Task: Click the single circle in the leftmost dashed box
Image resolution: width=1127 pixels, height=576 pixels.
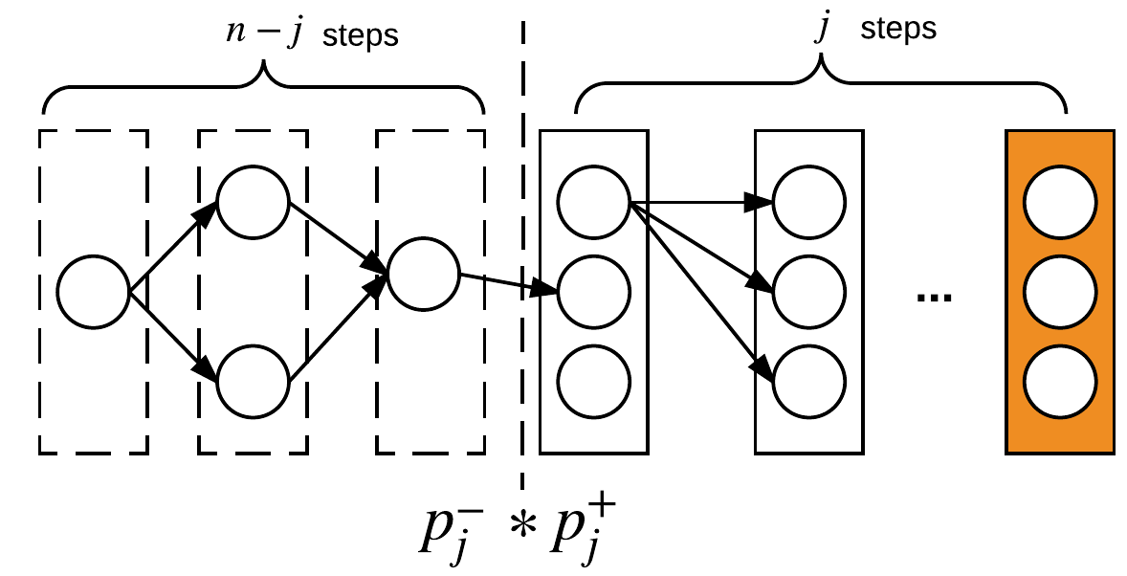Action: click(x=93, y=292)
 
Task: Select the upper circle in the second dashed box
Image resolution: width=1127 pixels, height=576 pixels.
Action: click(x=253, y=202)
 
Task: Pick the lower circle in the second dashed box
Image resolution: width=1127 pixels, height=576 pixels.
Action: click(x=253, y=380)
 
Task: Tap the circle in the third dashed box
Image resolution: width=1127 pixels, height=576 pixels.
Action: click(x=424, y=275)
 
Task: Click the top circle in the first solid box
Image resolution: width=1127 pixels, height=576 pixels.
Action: click(x=593, y=202)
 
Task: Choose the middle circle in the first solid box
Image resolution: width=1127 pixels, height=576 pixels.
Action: click(x=593, y=291)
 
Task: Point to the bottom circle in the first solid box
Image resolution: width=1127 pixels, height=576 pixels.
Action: click(x=593, y=380)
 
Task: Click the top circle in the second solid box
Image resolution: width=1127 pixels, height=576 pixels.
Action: click(x=808, y=202)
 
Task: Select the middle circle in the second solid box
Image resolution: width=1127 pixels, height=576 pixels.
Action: click(x=808, y=291)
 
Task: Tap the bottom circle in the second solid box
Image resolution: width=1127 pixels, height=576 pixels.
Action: click(x=808, y=380)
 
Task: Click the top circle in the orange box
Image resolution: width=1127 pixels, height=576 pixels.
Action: click(x=1059, y=202)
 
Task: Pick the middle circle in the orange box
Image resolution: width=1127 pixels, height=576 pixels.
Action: click(x=1059, y=291)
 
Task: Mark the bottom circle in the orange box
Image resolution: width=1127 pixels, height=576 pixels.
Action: click(x=1059, y=380)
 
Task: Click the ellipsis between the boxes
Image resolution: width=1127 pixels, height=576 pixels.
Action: click(x=934, y=299)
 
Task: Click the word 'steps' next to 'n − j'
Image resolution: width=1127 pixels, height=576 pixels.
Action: click(x=360, y=36)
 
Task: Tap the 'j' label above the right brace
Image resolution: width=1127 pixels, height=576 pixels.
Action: click(x=820, y=29)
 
